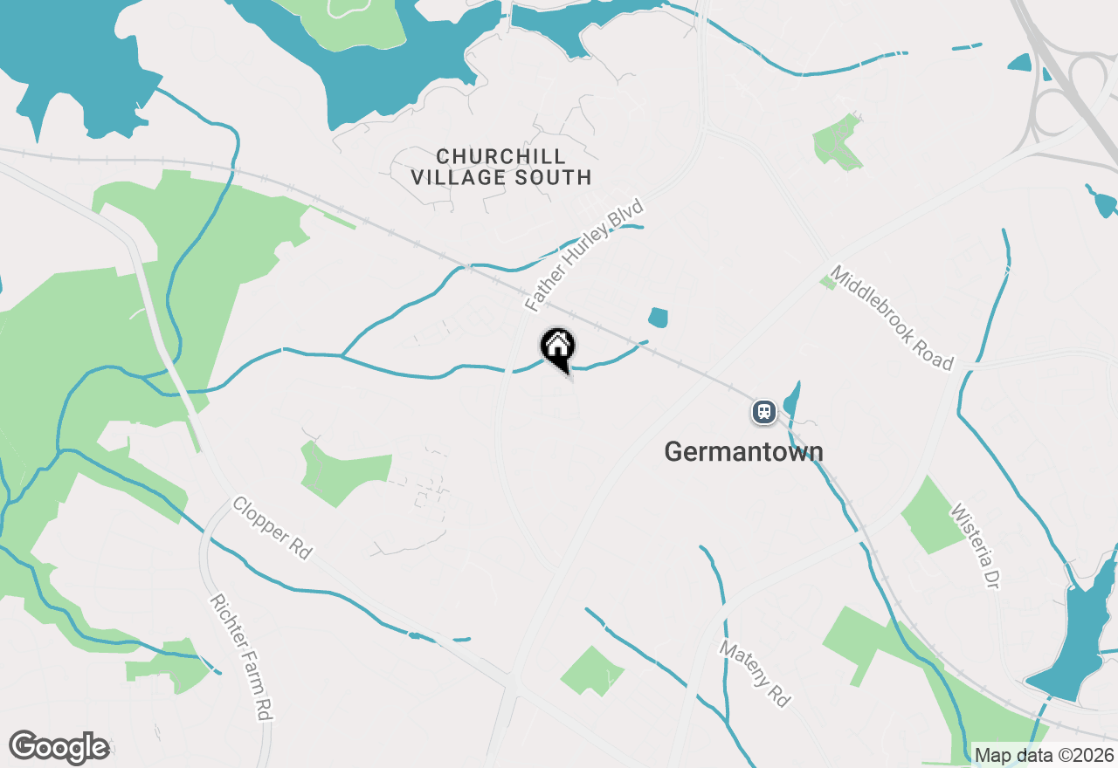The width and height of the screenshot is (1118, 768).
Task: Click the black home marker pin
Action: click(558, 348)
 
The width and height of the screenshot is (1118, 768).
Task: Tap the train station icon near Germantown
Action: click(763, 411)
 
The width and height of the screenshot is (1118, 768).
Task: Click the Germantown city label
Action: click(743, 451)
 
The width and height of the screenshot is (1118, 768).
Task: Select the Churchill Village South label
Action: click(501, 167)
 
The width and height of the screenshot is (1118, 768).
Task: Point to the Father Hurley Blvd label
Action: click(584, 256)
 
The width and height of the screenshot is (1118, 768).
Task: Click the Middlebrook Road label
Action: click(891, 318)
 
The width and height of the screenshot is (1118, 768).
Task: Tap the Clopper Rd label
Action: click(272, 528)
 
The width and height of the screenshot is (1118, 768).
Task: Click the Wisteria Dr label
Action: click(974, 545)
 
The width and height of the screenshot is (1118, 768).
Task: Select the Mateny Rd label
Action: click(754, 673)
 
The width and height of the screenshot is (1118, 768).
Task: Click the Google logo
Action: click(59, 747)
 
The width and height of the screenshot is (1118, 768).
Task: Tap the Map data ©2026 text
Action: click(1044, 755)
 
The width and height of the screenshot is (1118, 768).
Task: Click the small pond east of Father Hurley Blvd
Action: click(658, 318)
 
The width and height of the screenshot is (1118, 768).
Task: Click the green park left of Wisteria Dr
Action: click(934, 516)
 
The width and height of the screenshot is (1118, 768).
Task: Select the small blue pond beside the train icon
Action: click(792, 401)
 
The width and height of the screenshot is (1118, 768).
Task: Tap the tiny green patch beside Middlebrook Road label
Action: click(826, 282)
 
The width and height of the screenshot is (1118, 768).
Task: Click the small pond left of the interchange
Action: click(1019, 62)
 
